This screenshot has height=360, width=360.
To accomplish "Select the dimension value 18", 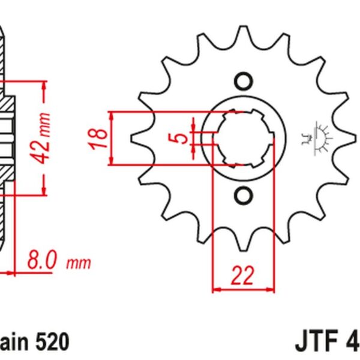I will tap(101, 138).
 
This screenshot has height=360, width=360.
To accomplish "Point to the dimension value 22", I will tap(242, 277).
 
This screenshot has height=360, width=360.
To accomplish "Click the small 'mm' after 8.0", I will tap(78, 263).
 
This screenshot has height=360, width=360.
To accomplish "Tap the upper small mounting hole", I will tap(242, 81).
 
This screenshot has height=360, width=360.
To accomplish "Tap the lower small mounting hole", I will tap(242, 194).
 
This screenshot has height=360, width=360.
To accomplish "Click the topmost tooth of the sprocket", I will tap(242, 33).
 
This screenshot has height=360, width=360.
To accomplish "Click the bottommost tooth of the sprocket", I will tap(242, 243).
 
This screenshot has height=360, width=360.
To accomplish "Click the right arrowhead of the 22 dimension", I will tap(271, 289).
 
